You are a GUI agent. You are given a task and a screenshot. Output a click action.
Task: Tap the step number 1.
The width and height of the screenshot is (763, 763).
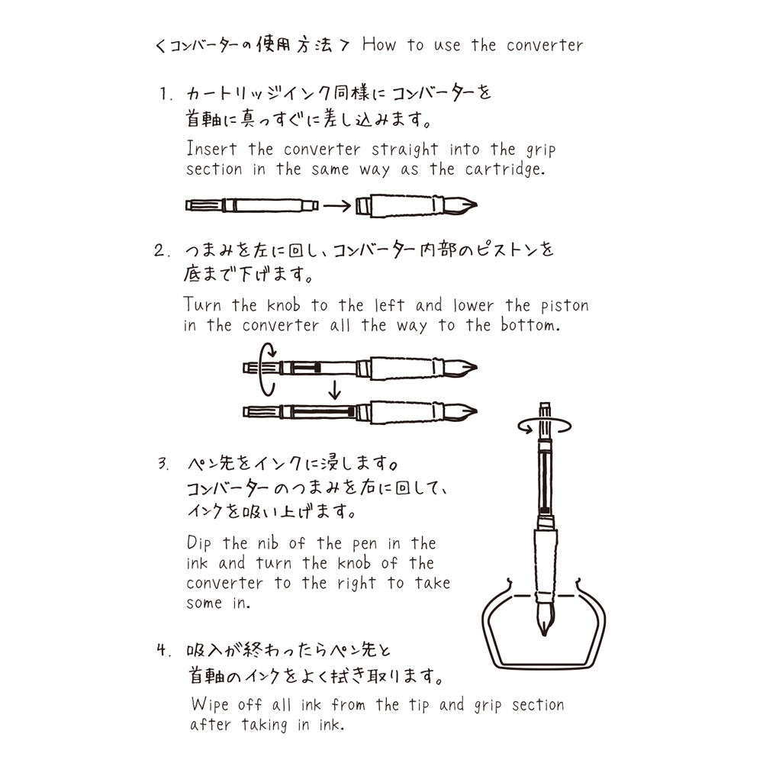coord(164,95)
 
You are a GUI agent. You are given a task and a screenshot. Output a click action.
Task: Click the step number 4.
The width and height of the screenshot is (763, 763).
coord(163,651)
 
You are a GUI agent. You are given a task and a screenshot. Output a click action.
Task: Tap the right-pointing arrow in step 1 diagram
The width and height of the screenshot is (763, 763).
coord(336,205)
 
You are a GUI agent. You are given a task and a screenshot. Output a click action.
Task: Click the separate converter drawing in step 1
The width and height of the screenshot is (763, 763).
coord(252,205)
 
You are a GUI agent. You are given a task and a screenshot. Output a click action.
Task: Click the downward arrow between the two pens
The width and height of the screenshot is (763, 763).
coord(333,391)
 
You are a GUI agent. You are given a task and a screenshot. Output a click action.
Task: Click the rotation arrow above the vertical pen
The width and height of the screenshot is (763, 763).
coord(543,427)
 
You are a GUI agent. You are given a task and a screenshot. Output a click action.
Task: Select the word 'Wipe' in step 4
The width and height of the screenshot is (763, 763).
coord(210,704)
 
